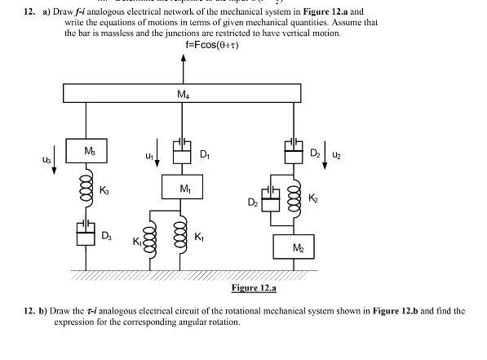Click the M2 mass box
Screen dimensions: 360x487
coord(298,247)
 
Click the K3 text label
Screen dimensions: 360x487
coord(104,190)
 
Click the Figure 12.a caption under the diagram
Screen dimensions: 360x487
coord(253,287)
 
